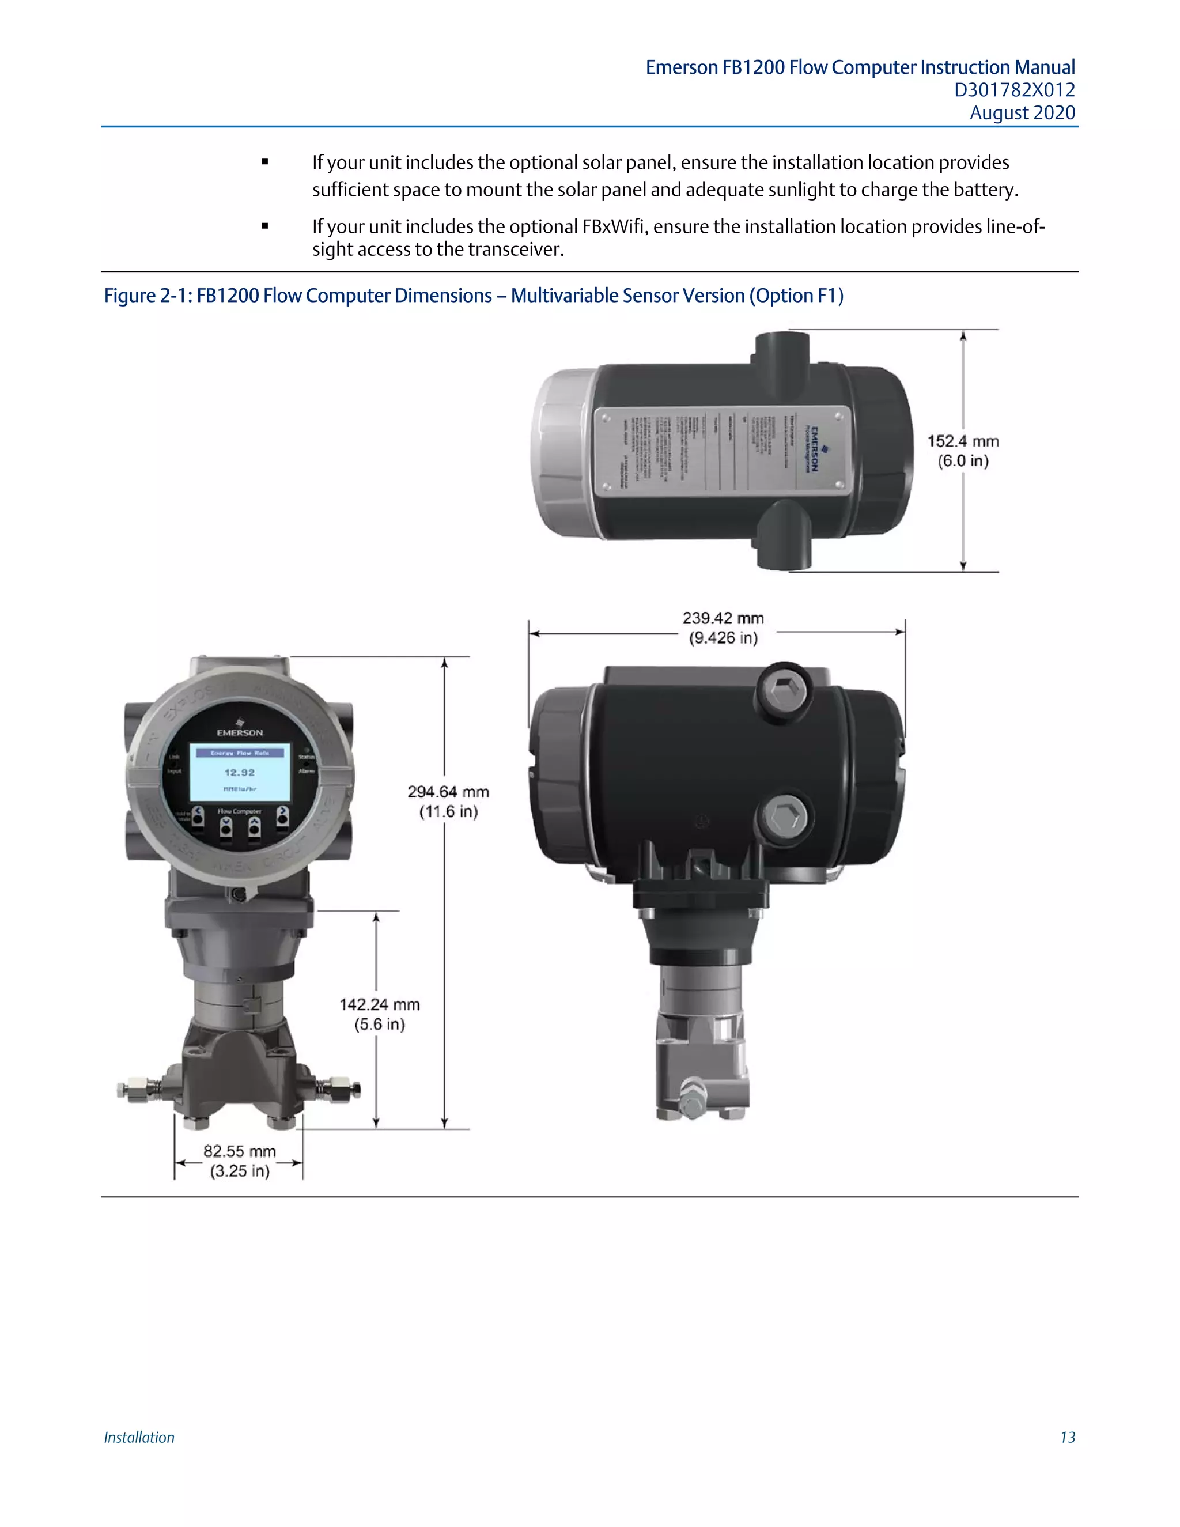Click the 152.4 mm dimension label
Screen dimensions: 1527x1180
(963, 442)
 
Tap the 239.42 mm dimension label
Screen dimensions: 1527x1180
(723, 619)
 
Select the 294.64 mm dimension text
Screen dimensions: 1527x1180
(448, 792)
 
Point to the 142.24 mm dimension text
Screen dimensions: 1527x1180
(380, 1005)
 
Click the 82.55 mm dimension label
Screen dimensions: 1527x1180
(239, 1151)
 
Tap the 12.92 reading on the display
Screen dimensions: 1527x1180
(239, 773)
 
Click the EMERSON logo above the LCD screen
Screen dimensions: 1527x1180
(240, 731)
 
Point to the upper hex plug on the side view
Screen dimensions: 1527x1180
(781, 692)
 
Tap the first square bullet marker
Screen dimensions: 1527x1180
(265, 162)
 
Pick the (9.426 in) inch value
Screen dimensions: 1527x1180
(724, 638)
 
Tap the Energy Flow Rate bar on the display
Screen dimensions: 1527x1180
(240, 753)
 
